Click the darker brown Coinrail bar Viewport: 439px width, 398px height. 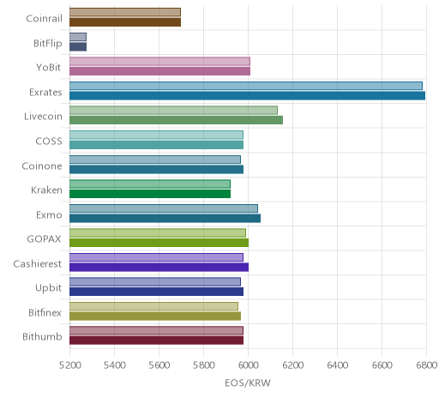click(125, 22)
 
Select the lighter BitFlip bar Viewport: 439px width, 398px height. click(78, 37)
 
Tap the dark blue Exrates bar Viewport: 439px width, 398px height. click(248, 95)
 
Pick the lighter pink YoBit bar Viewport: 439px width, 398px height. click(159, 61)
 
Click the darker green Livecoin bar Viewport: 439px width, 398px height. click(177, 120)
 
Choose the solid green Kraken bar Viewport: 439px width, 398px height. click(150, 194)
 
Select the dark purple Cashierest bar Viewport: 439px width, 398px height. click(159, 267)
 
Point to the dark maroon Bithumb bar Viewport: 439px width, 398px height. click(157, 341)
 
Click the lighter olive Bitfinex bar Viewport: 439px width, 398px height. click(153, 306)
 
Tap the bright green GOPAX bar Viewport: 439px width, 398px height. click(159, 243)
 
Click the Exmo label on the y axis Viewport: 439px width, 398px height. click(49, 214)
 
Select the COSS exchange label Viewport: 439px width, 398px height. click(49, 142)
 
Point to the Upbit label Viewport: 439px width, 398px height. click(48, 288)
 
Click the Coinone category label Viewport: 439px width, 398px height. click(42, 166)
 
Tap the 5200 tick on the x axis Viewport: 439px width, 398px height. click(69, 365)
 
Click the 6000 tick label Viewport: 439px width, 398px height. click(248, 365)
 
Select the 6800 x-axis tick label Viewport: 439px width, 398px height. click(427, 365)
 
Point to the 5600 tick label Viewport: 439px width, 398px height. click(159, 365)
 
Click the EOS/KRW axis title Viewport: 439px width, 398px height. click(248, 383)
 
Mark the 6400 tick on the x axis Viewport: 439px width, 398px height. click(337, 365)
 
